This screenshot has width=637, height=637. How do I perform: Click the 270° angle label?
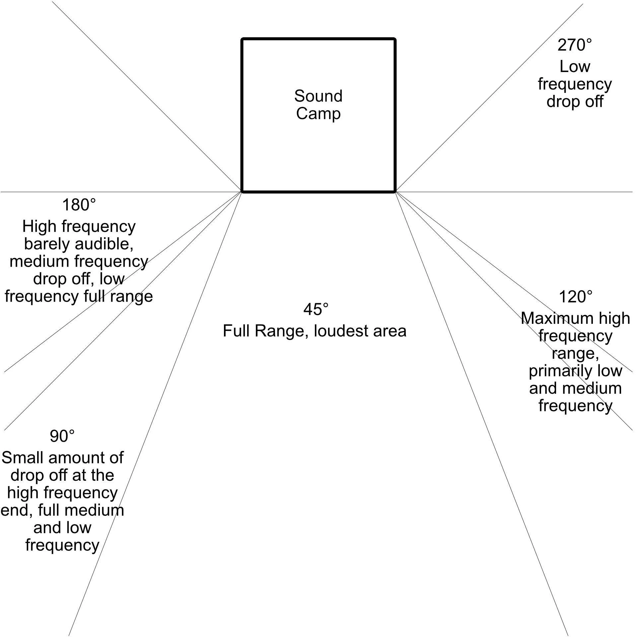pos(574,45)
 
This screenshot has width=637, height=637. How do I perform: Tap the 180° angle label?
pos(79,205)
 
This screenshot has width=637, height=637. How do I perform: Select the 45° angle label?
pos(316,309)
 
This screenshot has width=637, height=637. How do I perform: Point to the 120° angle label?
pos(576,297)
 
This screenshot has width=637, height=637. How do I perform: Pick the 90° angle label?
pos(62,436)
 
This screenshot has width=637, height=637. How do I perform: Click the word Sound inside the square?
pos(318,96)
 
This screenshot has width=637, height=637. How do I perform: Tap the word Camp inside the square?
pos(318,114)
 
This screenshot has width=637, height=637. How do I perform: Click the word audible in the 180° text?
pos(105,244)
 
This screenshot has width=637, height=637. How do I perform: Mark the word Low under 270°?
pos(575,67)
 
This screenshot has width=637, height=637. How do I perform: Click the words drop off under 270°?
pos(575,102)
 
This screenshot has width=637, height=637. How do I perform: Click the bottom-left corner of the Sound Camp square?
pos(243,191)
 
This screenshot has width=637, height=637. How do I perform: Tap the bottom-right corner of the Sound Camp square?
pos(395,191)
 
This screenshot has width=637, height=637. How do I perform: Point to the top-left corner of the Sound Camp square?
pos(243,39)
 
